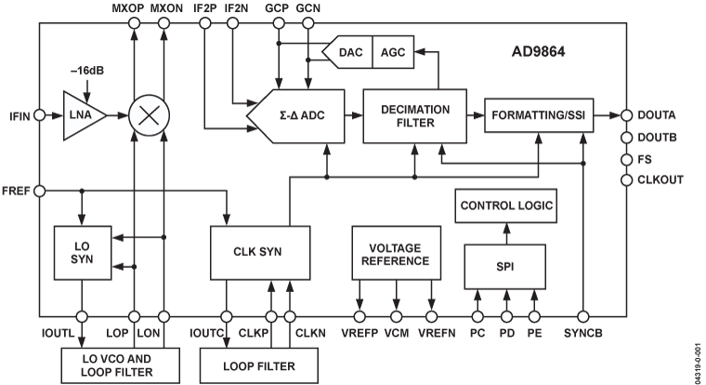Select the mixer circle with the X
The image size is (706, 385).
pos(149,116)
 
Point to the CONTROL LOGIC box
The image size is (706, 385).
pos(505,206)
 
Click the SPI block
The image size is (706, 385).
pos(505,267)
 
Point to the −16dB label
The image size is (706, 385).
pos(85,74)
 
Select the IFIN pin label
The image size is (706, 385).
pos(19,116)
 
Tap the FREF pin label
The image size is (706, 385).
pos(19,191)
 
